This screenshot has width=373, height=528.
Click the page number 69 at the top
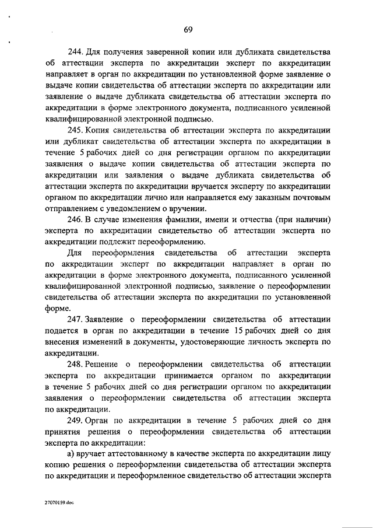(x=187, y=30)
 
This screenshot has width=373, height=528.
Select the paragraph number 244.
(x=76, y=53)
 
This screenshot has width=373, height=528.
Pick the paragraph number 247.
(x=76, y=319)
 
